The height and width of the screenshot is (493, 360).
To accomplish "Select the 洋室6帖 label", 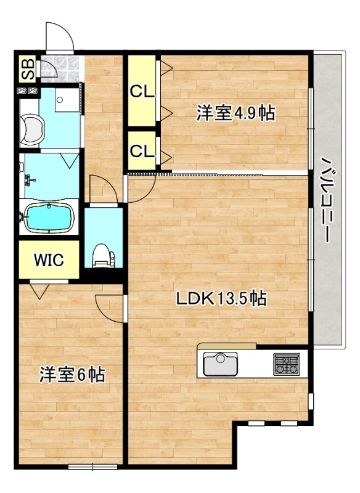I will point(72,375).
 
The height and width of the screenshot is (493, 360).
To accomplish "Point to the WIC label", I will point(49,260).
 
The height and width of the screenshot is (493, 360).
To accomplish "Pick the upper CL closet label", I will point(141,91).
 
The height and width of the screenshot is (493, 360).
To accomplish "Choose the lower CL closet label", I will point(141,150).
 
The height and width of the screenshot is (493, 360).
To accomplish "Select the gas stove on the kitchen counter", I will point(286,364).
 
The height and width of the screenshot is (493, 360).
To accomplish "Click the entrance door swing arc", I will point(60,38).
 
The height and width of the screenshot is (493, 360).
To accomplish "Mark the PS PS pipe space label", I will point(27,91).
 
